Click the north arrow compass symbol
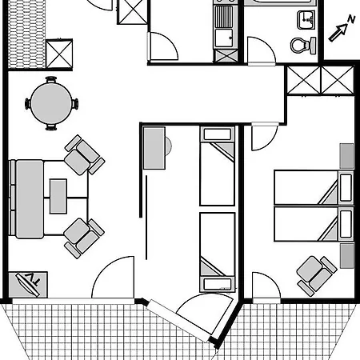[x=342, y=29]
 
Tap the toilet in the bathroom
[x=303, y=46]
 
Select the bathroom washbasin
[x=306, y=20]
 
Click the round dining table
[x=51, y=103]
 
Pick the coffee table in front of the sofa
[x=58, y=196]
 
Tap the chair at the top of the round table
[x=51, y=79]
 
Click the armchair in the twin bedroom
[x=317, y=276]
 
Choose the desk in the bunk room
[x=154, y=148]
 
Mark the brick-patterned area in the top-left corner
[x=26, y=34]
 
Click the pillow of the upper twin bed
[x=346, y=187]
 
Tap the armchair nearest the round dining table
[x=85, y=155]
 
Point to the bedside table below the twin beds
[x=347, y=255]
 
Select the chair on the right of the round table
[x=75, y=104]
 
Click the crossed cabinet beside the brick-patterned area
[x=59, y=54]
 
